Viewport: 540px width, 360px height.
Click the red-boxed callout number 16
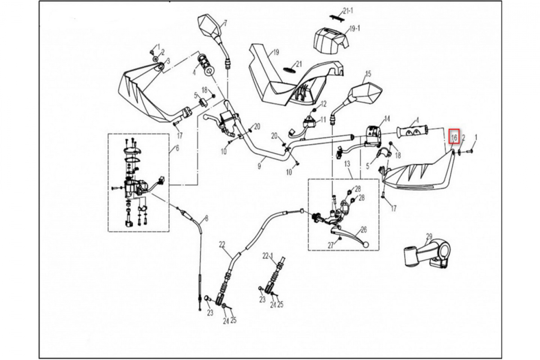pos(454,137)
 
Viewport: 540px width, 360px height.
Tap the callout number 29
pos(429,236)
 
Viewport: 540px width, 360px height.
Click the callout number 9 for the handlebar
pos(259,166)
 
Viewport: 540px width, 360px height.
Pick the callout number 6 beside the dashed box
pos(177,148)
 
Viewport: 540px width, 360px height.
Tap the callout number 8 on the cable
pos(207,219)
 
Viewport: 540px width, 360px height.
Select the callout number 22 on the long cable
pos(222,244)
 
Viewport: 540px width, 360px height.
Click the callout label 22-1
pos(268,256)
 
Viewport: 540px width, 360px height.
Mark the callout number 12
pos(323,104)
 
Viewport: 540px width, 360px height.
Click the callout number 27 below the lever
pos(331,246)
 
